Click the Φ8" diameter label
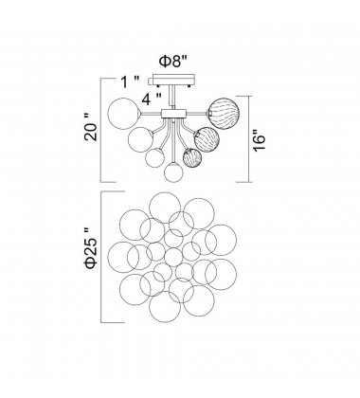[x=173, y=61]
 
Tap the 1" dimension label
[x=130, y=82]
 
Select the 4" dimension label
[x=152, y=99]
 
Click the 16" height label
[x=261, y=139]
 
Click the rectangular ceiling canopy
[x=174, y=80]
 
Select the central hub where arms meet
[x=173, y=114]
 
